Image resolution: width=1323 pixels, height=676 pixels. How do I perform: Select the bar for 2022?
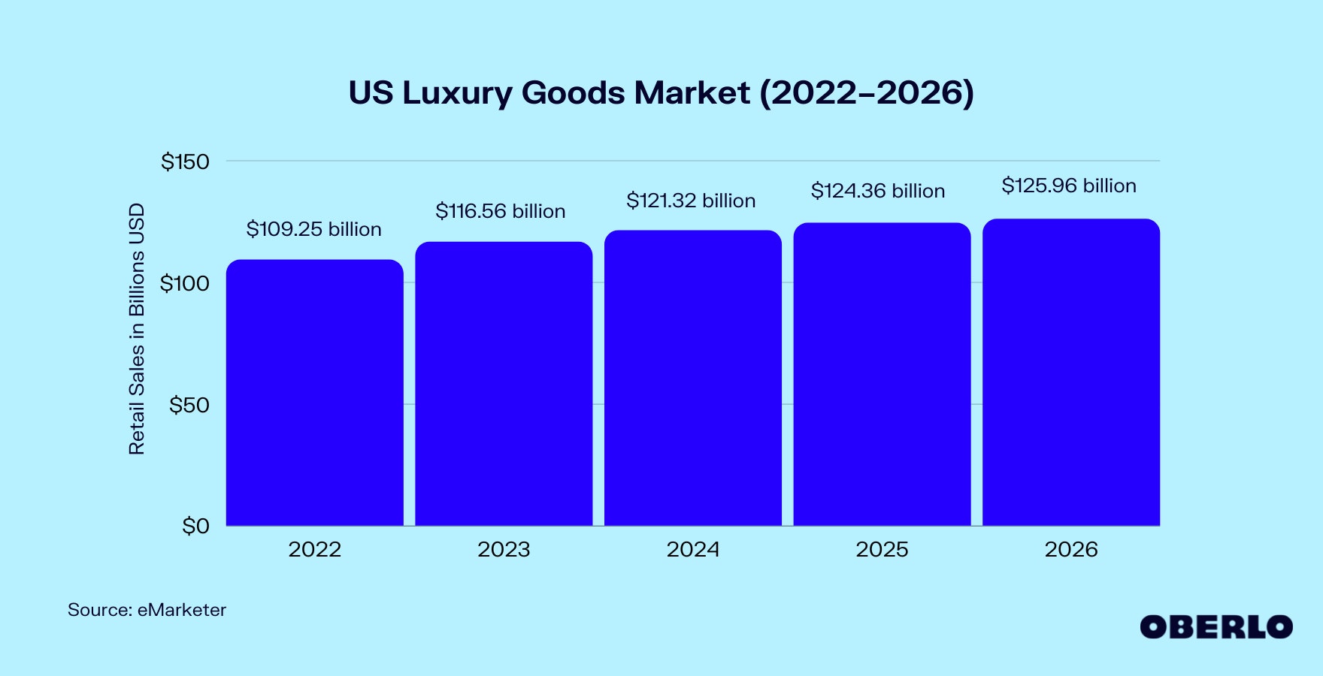[314, 392]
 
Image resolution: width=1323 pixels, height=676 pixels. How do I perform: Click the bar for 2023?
[504, 383]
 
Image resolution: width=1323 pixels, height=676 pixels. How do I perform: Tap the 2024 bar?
[692, 378]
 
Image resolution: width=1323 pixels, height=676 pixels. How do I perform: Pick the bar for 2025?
[882, 374]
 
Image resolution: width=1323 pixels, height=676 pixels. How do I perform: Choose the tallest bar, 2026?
[1070, 372]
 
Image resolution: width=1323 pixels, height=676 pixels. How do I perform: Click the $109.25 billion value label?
[313, 229]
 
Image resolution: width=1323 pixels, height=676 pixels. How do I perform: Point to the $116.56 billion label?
[500, 211]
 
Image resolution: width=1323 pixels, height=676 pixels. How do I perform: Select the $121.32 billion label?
[691, 201]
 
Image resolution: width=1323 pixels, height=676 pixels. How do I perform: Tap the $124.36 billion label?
[877, 191]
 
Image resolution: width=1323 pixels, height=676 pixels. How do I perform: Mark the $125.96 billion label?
[1068, 186]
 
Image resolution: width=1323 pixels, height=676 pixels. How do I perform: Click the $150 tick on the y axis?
[185, 161]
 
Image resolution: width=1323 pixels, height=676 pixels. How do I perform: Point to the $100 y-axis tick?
[185, 283]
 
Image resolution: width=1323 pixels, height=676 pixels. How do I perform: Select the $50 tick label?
[189, 405]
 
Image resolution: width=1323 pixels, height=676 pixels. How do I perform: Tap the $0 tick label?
[195, 526]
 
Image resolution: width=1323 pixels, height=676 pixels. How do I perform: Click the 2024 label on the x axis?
[692, 549]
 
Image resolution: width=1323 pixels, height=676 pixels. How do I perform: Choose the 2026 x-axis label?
[1070, 549]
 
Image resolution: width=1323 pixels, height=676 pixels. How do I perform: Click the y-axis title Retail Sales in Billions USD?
[136, 329]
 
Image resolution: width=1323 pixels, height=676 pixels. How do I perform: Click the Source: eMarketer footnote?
[147, 610]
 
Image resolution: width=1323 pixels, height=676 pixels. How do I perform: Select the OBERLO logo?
[1216, 627]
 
